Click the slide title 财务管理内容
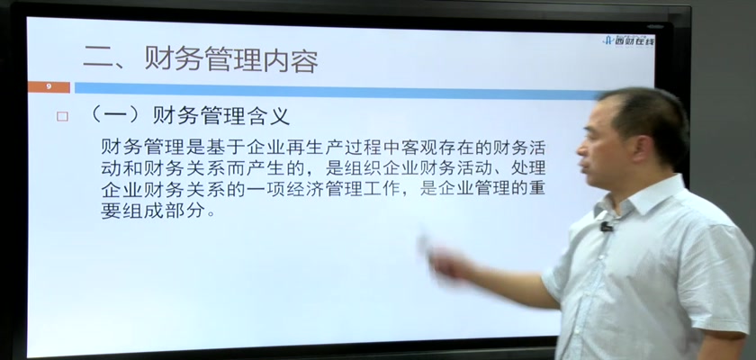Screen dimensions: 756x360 [x=232, y=61]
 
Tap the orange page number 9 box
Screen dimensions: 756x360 [x=49, y=87]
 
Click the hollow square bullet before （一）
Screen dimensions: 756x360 [x=62, y=117]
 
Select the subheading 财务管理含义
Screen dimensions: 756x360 [x=221, y=116]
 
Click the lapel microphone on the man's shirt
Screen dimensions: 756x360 [x=606, y=226]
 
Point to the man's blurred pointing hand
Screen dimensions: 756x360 [x=441, y=260]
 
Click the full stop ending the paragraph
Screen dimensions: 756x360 [x=210, y=214]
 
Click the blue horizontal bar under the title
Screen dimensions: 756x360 [x=337, y=90]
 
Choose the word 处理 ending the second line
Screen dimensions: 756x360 [x=527, y=167]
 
